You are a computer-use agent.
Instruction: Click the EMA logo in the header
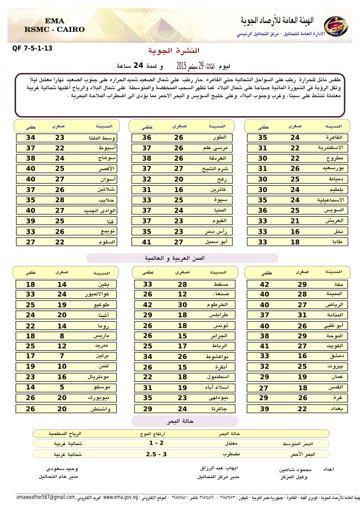coord(334,26)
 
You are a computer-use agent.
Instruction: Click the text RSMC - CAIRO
coord(54,30)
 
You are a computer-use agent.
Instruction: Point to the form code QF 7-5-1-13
coord(32,48)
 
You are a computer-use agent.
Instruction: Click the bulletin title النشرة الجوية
coord(173,50)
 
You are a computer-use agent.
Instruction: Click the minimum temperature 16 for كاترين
coord(179,190)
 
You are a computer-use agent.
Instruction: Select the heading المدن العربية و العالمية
coord(182,258)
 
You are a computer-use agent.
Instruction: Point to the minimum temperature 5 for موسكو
coord(62,388)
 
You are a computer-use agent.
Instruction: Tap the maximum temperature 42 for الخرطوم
coord(147,305)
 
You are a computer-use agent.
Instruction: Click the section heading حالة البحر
coord(183,421)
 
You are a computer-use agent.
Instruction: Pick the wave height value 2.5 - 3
coord(156,454)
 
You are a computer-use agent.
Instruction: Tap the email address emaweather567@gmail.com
coord(45,497)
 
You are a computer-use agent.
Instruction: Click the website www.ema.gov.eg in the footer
coord(120,497)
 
